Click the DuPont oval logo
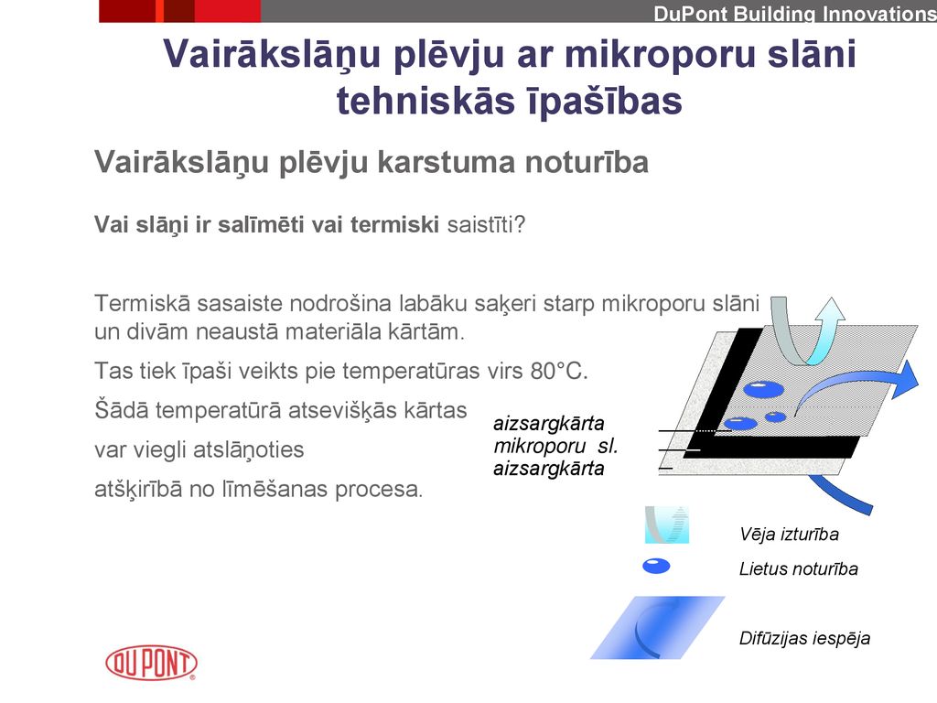pos(151,663)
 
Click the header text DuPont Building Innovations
pos(795,14)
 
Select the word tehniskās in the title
pos(425,101)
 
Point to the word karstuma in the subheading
pos(446,163)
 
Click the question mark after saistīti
pos(520,225)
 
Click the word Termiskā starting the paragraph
pos(142,303)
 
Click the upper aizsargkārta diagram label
pos(549,423)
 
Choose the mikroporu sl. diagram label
pos(555,446)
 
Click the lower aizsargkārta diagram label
pos(549,468)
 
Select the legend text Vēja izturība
pos(789,534)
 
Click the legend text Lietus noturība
pos(798,568)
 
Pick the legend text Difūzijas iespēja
pos(804,638)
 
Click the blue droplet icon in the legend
pos(656,566)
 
